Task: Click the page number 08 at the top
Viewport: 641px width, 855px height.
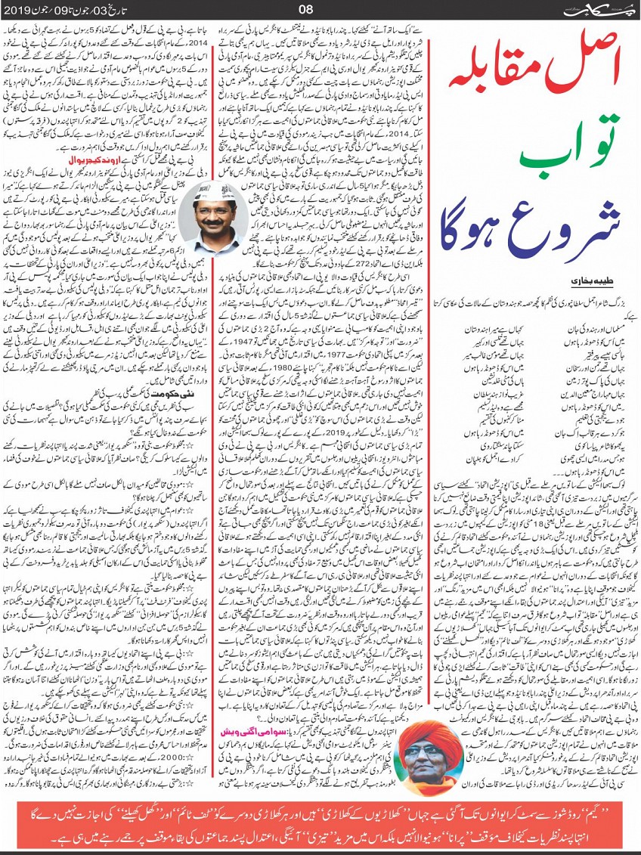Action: point(306,10)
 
